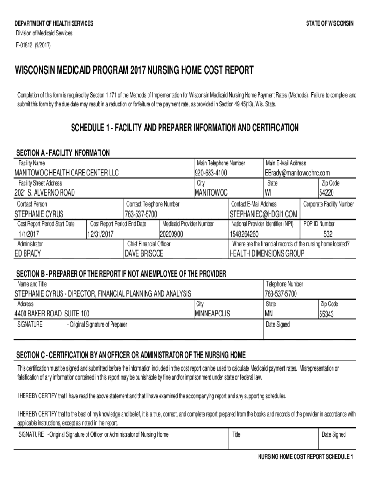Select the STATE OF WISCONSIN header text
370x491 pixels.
click(x=329, y=24)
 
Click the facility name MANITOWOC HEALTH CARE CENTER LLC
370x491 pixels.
click(x=67, y=173)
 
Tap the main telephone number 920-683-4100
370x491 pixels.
click(x=210, y=173)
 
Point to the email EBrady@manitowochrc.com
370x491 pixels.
click(x=297, y=173)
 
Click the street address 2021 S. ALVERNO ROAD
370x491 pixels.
click(x=45, y=193)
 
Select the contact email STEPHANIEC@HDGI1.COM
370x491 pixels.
click(x=264, y=213)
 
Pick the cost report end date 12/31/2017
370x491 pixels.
click(x=100, y=234)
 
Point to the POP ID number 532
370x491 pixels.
click(x=328, y=234)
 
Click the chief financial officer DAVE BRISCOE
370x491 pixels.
click(x=144, y=253)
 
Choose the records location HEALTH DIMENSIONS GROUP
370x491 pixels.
click(x=267, y=253)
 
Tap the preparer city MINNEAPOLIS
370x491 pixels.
click(x=212, y=314)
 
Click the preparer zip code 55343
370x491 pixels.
click(x=329, y=315)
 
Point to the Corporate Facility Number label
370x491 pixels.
click(x=329, y=204)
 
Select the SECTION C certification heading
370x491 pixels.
click(x=131, y=355)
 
